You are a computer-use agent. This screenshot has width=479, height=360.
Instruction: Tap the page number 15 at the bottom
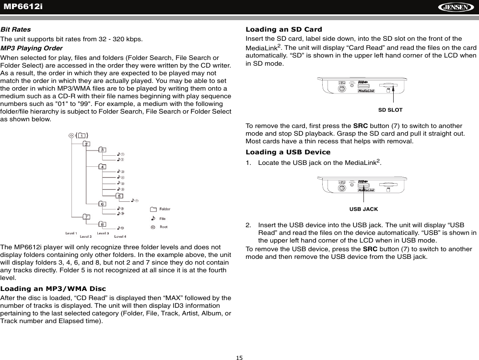tap(239, 357)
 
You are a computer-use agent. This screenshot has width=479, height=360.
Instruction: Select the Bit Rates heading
tap(15, 29)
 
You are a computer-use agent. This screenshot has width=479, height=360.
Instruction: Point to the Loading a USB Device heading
tap(288, 152)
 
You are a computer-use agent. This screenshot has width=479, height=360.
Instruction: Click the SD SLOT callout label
tap(390, 110)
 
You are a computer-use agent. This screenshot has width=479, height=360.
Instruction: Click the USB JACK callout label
tap(363, 209)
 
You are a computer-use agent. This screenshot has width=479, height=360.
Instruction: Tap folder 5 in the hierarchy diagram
tap(119, 196)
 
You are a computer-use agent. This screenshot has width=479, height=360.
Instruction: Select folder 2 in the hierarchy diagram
tap(86, 143)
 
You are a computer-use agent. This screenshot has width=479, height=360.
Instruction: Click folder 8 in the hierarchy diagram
tap(103, 224)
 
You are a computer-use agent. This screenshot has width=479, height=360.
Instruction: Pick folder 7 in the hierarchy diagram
tap(86, 217)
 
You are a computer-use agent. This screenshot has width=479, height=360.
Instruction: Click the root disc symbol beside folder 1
tap(71, 136)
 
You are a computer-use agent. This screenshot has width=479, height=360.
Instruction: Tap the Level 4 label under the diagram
tap(120, 236)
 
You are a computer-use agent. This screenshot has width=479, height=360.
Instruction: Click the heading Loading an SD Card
tap(283, 29)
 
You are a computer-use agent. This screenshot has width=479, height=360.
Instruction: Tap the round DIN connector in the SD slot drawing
tap(341, 90)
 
